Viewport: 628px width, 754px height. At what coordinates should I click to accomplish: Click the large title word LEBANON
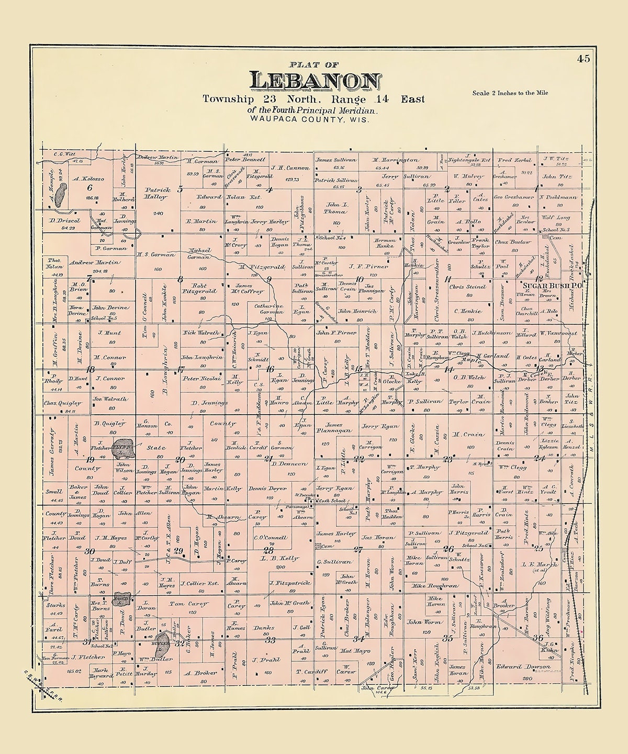coord(315,81)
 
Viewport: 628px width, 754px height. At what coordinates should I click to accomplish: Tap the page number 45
coord(584,59)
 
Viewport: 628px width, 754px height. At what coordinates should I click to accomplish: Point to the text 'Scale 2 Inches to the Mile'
coord(510,93)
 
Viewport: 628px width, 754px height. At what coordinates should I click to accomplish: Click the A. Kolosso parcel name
coord(89,179)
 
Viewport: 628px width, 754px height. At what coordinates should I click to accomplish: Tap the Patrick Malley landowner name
coord(155,193)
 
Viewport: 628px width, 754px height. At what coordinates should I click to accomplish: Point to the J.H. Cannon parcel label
coord(290,169)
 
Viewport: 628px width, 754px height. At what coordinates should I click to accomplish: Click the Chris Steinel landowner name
coord(467,287)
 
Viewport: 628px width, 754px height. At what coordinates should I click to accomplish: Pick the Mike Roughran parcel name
coord(434,585)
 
